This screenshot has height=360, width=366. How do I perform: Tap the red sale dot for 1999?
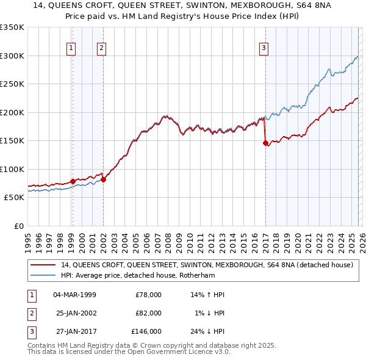click(73, 181)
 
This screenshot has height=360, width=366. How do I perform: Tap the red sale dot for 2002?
click(104, 179)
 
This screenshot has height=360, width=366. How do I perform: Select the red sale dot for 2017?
click(265, 143)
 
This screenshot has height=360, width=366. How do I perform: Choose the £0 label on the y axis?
click(18, 226)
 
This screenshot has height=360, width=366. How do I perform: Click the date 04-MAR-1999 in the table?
click(74, 295)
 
